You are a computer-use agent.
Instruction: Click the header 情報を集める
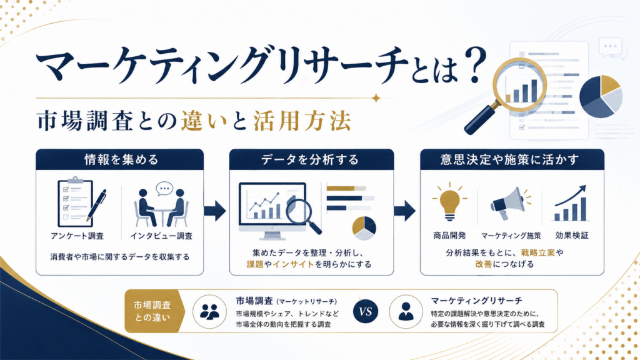point(121,159)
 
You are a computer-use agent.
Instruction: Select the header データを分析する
point(310,159)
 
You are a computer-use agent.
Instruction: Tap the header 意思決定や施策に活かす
point(509,159)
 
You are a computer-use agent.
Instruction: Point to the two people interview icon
point(162,204)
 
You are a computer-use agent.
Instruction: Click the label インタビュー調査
point(161,236)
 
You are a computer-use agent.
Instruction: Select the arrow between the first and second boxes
point(215,211)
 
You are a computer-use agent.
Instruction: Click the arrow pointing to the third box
point(405,211)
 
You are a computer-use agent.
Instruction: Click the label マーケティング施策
point(511,236)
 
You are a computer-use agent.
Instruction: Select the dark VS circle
point(365,312)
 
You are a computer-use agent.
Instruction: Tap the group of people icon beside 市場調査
point(209,312)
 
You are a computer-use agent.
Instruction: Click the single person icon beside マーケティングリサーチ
point(406,312)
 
